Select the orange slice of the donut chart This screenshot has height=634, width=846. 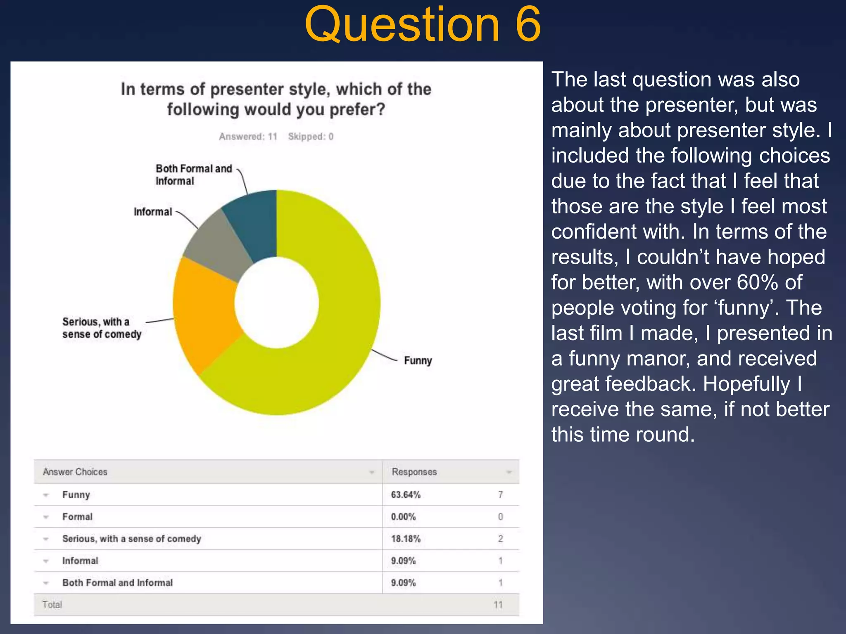(204, 314)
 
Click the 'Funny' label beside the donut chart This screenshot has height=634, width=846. (418, 360)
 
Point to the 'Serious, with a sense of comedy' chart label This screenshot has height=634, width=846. (102, 328)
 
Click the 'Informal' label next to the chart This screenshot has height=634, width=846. (152, 212)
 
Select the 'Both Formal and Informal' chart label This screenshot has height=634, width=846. (193, 175)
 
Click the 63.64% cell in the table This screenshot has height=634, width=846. (406, 494)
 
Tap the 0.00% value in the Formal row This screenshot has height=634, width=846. (403, 517)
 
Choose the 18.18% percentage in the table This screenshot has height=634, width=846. (406, 539)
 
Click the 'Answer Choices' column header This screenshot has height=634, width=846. (75, 472)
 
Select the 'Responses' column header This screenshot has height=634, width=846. (414, 472)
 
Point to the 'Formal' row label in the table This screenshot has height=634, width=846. (77, 517)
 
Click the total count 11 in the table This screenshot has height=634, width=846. (498, 605)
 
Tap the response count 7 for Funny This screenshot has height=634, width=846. (500, 494)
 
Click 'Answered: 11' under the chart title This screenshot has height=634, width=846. (248, 137)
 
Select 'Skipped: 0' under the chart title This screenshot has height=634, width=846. (311, 137)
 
